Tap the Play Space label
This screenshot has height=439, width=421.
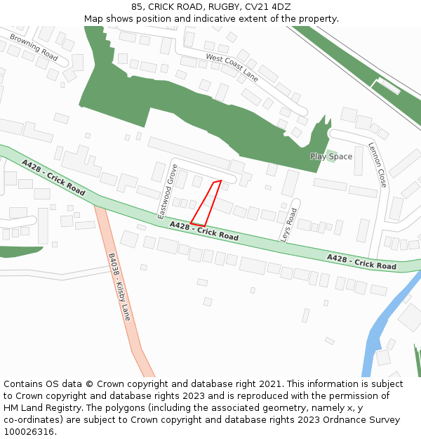tap(331, 157)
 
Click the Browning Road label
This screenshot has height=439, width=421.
tap(34, 46)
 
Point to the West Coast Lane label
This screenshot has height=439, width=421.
tap(232, 67)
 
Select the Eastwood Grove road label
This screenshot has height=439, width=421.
tap(167, 191)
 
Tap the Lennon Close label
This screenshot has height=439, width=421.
tap(377, 164)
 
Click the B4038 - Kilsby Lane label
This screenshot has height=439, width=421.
tap(119, 287)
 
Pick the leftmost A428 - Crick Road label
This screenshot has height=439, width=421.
tap(53, 178)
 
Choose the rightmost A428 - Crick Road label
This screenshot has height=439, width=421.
tap(361, 262)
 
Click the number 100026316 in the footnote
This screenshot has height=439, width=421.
tap(27, 432)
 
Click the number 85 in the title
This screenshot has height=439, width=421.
tap(137, 7)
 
